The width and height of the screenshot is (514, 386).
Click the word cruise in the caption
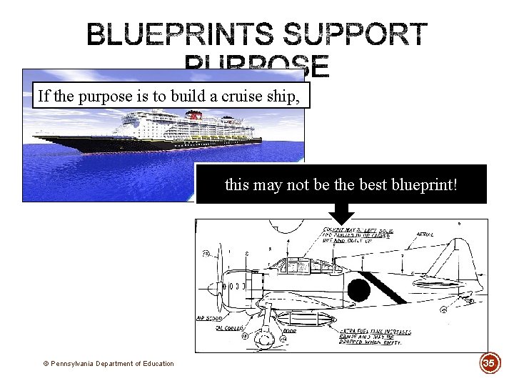(224, 96)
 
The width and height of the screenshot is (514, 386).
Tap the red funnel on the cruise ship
(191, 114)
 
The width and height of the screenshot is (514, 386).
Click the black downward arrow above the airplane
(341, 212)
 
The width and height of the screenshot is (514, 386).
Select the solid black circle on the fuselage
(359, 290)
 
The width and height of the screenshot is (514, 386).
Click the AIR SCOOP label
(208, 318)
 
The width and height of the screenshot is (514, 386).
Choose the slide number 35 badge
(489, 362)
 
